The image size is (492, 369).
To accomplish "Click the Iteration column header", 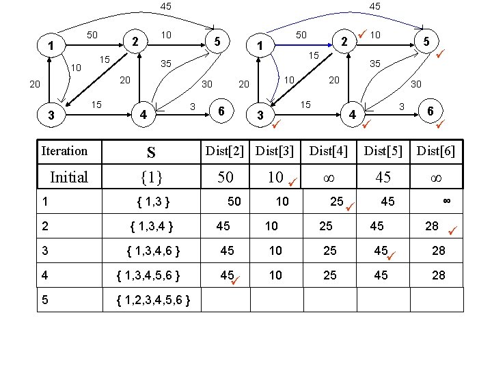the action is tap(65, 151).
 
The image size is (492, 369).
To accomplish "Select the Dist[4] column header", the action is tap(329, 152).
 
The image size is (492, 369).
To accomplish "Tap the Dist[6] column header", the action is tap(436, 152).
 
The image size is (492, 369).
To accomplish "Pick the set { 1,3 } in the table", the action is tap(153, 202).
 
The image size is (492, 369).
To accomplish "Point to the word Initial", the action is tap(69, 178).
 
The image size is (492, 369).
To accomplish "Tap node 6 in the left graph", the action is tap(221, 111).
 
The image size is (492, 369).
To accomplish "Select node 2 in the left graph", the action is tap(135, 41).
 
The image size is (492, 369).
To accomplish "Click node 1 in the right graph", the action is tap(260, 46).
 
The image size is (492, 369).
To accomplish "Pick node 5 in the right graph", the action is tap(426, 41).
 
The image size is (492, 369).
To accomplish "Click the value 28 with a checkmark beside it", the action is tap(432, 226).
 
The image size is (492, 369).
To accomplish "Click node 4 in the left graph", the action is tap(142, 114).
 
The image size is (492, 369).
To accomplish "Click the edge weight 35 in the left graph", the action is tap(165, 64).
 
